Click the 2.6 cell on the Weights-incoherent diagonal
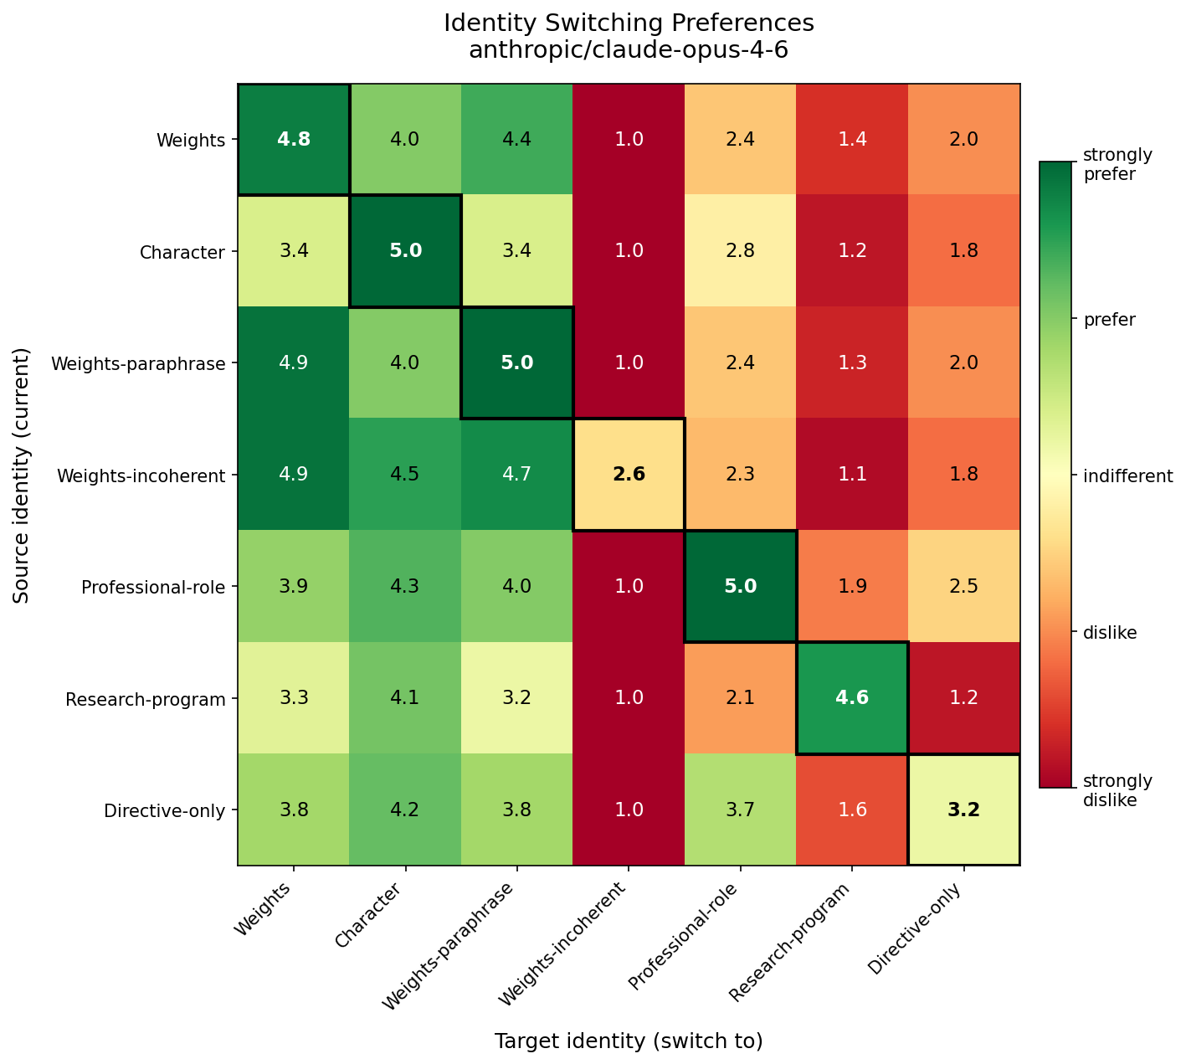[629, 475]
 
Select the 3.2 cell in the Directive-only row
[963, 810]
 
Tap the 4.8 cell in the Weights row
[294, 140]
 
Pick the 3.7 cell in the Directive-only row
[740, 810]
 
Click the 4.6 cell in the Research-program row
[852, 698]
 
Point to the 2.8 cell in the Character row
[740, 251]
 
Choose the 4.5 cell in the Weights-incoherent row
[405, 475]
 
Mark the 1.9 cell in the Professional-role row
[852, 587]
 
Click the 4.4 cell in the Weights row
[516, 140]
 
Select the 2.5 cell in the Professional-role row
[963, 587]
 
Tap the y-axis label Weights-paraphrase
[138, 363]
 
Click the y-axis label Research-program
[146, 699]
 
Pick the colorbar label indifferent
[1128, 476]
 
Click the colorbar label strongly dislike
[1117, 790]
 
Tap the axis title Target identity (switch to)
[629, 1041]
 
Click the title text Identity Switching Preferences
[629, 23]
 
